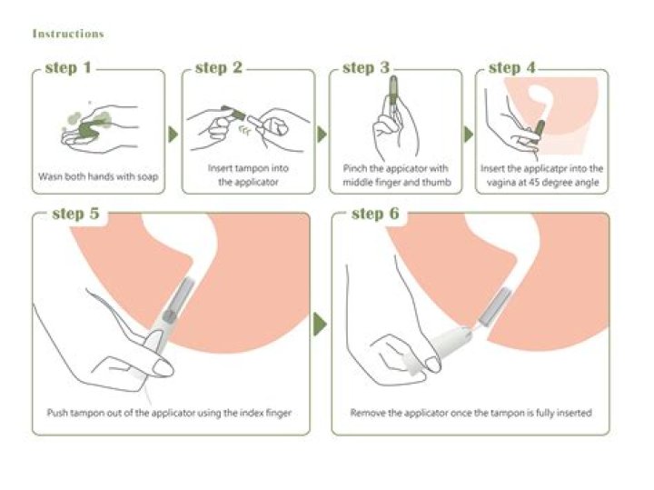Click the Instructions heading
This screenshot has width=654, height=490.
68,34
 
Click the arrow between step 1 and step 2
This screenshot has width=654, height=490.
173,135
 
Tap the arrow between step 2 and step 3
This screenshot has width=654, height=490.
321,135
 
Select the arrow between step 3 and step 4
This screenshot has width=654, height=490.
469,135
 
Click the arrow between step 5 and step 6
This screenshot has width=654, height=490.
320,324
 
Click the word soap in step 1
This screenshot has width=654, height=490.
147,175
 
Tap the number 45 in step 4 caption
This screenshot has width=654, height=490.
533,182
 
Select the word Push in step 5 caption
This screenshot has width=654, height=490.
56,412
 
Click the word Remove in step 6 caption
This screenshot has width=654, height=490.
368,412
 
